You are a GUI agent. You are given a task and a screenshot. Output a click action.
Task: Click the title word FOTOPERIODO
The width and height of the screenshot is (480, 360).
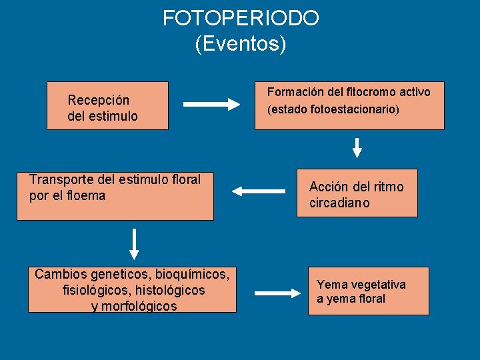coord(241,18)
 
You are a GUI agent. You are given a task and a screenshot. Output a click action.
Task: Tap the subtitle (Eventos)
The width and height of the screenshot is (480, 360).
coord(241,44)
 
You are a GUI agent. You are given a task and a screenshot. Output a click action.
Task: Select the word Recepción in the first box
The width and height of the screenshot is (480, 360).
coord(99,100)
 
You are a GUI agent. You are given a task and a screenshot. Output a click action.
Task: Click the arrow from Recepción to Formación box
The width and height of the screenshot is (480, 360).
coord(211,104)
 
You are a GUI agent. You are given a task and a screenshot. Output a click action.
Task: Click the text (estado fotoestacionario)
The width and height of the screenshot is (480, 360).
coord(333,109)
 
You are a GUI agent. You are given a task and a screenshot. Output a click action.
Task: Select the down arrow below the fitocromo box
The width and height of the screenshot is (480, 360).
coord(357,147)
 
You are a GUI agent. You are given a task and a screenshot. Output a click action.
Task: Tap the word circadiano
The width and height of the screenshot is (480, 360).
coord(339,203)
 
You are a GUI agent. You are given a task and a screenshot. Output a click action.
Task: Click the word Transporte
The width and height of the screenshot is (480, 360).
coord(62,179)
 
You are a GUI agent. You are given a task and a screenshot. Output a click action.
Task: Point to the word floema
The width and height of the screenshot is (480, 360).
coord(86,196)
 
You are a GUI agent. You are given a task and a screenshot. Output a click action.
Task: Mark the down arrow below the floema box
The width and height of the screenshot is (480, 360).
coord(134,244)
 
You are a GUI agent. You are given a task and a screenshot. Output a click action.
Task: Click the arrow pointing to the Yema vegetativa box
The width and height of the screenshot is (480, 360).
coord(278,292)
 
